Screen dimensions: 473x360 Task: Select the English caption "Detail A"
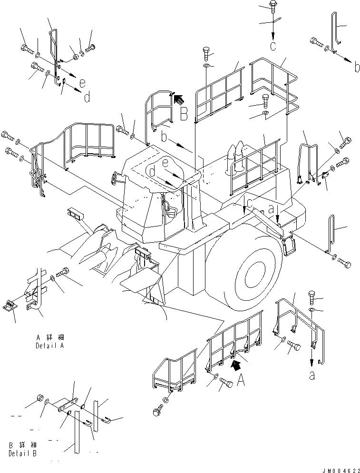pyautogui.click(x=49, y=346)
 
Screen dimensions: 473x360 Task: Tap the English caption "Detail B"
pyautogui.click(x=22, y=453)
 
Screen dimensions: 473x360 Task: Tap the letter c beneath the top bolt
pyautogui.click(x=273, y=46)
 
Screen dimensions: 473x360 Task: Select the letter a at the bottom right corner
pyautogui.click(x=312, y=375)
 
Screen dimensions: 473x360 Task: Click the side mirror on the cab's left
pyautogui.click(x=115, y=177)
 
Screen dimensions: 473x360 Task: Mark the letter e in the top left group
pyautogui.click(x=83, y=82)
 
